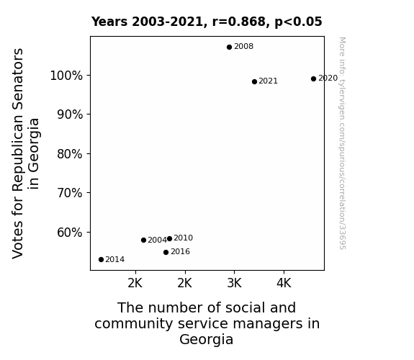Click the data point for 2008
(229, 47)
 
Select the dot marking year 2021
(254, 81)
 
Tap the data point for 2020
(313, 78)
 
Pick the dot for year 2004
(143, 240)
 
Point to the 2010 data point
(169, 238)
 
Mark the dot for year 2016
(166, 252)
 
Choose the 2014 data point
(101, 260)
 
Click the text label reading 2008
(243, 47)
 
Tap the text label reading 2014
(115, 260)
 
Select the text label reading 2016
(180, 252)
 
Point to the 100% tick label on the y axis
(66, 76)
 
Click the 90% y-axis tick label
(70, 114)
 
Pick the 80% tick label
(70, 154)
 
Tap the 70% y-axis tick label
(70, 193)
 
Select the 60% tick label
(70, 233)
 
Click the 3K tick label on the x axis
(235, 284)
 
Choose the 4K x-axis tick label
(284, 284)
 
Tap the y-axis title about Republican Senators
(25, 153)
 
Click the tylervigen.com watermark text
(342, 143)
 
